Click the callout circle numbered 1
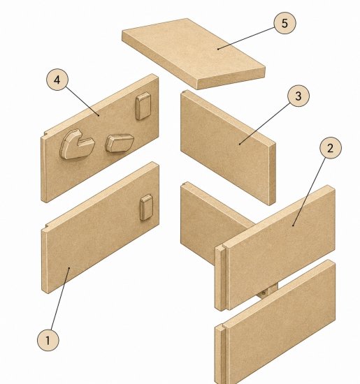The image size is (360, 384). pos(48,340)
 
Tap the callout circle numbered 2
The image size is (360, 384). pos(331,148)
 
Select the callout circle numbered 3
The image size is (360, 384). pos(298,96)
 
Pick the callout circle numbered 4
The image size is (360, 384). pos(57,80)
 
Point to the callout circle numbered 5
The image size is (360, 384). pos(285,23)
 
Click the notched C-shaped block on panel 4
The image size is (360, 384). pos(76,145)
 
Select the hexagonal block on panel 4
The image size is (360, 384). pos(119,143)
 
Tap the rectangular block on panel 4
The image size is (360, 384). pos(143,106)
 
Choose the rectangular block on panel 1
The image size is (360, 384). pos(146,207)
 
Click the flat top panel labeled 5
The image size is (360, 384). pos(194,53)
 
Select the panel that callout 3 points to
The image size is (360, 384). pos(228,147)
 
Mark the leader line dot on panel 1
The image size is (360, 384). pos(69,268)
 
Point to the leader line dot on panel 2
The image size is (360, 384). pos(293,226)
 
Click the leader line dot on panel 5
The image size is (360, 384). pos(218,49)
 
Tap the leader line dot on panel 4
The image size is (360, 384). pos(99,115)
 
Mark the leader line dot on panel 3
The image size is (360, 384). pos(240,144)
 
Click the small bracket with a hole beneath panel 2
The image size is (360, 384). pos(267,291)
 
